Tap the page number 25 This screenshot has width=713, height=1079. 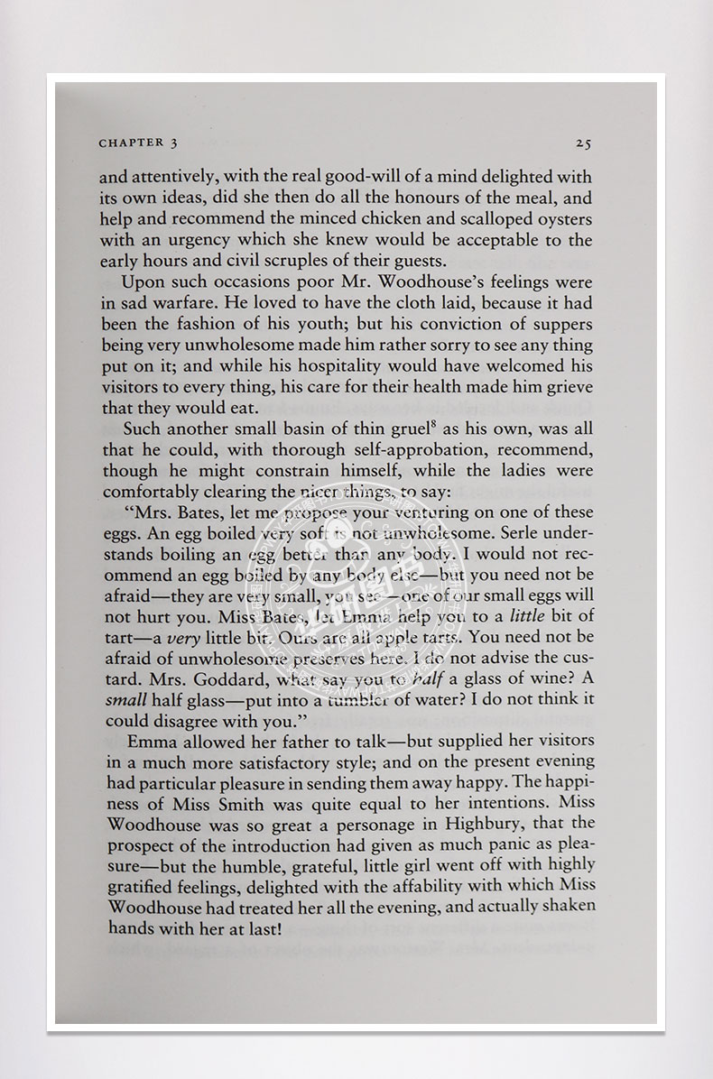tap(582, 143)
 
